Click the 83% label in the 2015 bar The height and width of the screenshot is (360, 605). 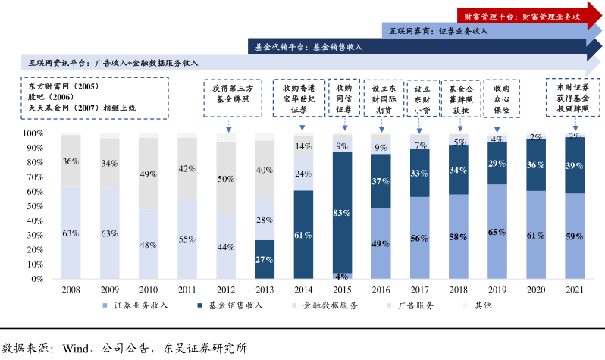coord(343,214)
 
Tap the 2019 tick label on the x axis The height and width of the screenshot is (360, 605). coord(497,289)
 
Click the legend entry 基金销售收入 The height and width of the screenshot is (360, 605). coord(235,307)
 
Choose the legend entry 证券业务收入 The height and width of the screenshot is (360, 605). coord(141,307)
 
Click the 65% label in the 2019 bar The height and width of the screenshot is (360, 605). coord(497,232)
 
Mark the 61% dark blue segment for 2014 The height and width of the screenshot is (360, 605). coord(304,235)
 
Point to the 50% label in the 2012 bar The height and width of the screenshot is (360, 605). coord(227,179)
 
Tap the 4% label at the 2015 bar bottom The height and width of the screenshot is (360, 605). coord(343,276)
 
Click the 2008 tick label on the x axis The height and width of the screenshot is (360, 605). coord(72,289)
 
